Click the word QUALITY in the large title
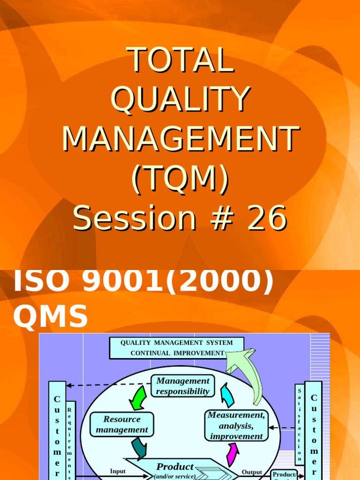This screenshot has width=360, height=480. point(180,99)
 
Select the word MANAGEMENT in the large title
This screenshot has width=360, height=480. point(180,139)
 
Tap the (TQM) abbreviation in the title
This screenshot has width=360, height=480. point(180,178)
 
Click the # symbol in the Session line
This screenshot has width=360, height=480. point(226,218)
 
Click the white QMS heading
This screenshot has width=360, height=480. point(50,315)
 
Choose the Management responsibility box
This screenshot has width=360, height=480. point(183,386)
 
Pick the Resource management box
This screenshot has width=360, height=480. point(122,424)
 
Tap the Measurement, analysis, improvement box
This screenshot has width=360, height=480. point(236,426)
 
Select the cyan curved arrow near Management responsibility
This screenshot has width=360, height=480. point(227,395)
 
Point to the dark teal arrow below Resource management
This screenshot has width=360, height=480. point(139,448)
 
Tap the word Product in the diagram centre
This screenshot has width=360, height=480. point(175,467)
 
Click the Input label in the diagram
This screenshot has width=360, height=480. point(118,471)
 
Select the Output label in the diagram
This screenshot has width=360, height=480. point(252,472)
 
